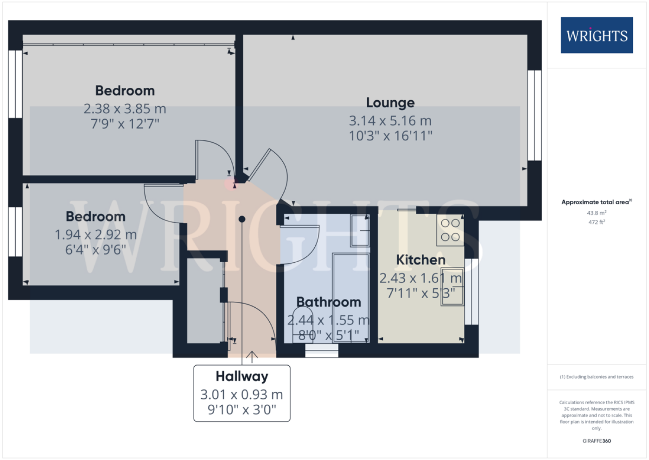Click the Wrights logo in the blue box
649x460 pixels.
pyautogui.click(x=597, y=35)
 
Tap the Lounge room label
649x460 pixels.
pyautogui.click(x=390, y=103)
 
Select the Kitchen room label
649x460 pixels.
pyautogui.click(x=421, y=260)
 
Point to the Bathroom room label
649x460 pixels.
pyautogui.click(x=329, y=302)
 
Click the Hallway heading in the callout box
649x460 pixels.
pyautogui.click(x=242, y=376)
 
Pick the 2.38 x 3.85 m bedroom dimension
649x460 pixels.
pyautogui.click(x=125, y=109)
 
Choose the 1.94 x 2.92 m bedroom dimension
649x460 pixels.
pyautogui.click(x=95, y=234)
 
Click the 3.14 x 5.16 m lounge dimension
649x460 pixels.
pyautogui.click(x=390, y=121)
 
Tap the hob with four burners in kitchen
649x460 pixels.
pyautogui.click(x=450, y=230)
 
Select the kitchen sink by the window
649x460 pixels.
pyautogui.click(x=452, y=287)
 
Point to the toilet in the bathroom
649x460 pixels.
pyautogui.click(x=303, y=325)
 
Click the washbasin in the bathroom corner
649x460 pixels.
pyautogui.click(x=360, y=231)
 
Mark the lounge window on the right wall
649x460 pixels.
pyautogui.click(x=534, y=116)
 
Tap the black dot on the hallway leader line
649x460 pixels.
pyautogui.click(x=242, y=219)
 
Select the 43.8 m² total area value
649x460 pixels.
pyautogui.click(x=597, y=213)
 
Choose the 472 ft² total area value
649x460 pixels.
pyautogui.click(x=597, y=222)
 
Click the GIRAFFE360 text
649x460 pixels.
pyautogui.click(x=597, y=441)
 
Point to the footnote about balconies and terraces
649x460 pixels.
pyautogui.click(x=597, y=377)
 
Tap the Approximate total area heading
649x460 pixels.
pyautogui.click(x=597, y=202)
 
